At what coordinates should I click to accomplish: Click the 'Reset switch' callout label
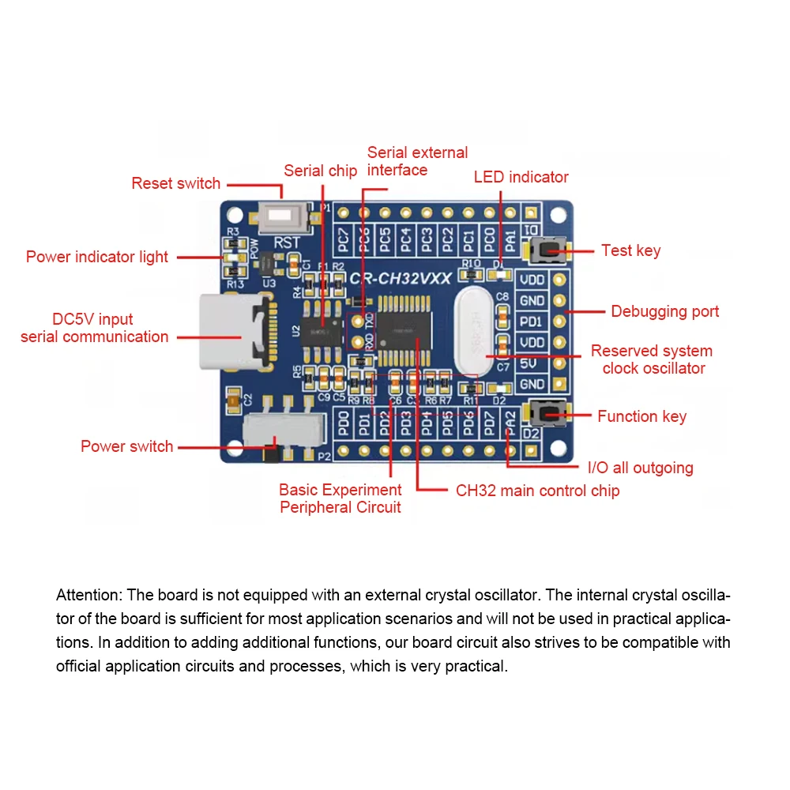175,183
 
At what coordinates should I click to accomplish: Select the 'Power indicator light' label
97,257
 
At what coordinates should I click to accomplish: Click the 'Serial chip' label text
320,171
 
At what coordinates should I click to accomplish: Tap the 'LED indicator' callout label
521,177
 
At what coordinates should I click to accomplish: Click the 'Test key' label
630,250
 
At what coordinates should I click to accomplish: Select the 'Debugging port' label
664,311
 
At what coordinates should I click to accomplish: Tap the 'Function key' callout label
641,416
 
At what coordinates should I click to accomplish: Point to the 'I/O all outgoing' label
640,468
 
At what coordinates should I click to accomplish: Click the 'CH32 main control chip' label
537,491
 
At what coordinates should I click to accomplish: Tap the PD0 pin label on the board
344,423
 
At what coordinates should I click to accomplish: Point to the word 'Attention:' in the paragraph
89,595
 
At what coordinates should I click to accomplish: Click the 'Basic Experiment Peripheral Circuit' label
340,498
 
